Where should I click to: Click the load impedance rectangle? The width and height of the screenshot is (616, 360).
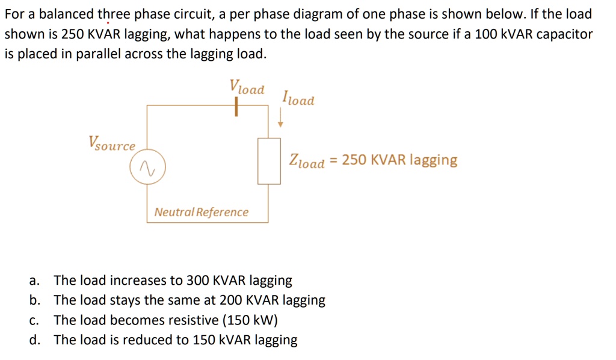click(x=269, y=161)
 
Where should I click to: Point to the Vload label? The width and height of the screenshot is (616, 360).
click(x=247, y=87)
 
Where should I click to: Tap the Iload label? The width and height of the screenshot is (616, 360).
click(x=298, y=98)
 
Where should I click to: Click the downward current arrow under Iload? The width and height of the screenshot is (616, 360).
click(x=280, y=120)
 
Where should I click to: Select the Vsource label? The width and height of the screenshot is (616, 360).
click(x=111, y=144)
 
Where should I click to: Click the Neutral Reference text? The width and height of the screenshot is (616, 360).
click(x=201, y=212)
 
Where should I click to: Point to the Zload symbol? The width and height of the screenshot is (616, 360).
click(x=307, y=161)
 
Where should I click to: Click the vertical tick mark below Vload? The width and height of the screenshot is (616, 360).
click(x=237, y=107)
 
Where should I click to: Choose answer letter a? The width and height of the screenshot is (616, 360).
click(x=34, y=281)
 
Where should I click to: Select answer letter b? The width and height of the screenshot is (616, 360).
click(x=34, y=300)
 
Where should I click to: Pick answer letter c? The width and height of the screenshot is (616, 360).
click(x=34, y=320)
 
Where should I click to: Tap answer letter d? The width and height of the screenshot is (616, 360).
click(x=34, y=340)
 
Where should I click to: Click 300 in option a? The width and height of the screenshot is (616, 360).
click(x=197, y=281)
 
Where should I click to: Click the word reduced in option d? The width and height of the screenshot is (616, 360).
click(x=151, y=340)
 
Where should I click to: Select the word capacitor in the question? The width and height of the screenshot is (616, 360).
click(x=566, y=34)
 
